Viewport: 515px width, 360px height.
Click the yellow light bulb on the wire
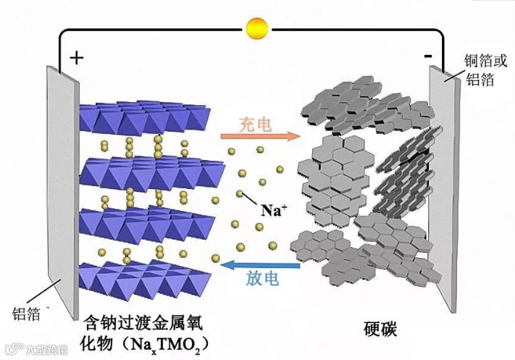256,28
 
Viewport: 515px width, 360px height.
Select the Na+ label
274,212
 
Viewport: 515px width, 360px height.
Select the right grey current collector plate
446,188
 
